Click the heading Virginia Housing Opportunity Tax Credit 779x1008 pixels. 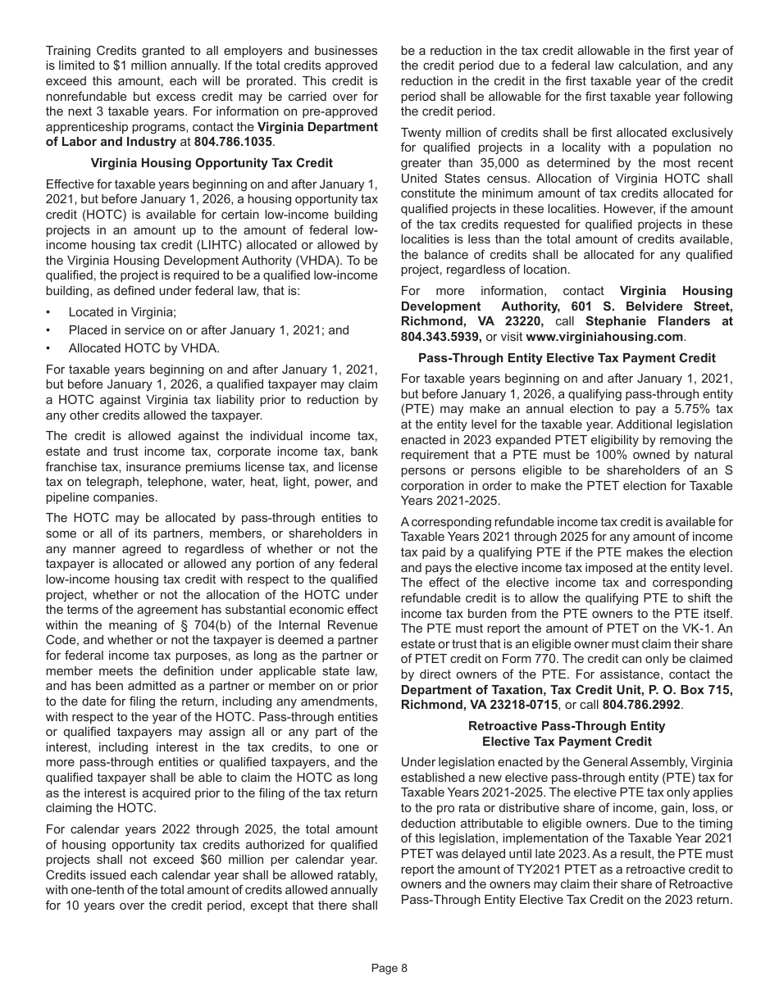click(212, 163)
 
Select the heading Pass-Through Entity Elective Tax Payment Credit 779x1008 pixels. click(567, 358)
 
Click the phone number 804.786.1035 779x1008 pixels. click(233, 142)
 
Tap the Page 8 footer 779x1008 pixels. click(389, 968)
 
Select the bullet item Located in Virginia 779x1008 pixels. click(122, 312)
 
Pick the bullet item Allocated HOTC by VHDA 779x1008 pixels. click(143, 348)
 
